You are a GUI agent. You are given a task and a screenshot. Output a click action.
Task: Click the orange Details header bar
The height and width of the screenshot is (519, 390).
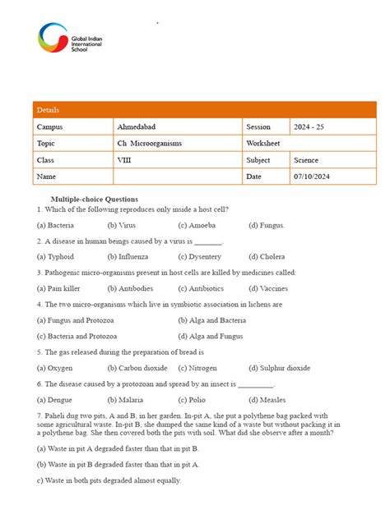204,110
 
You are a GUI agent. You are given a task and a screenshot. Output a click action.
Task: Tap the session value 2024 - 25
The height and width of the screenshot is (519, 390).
309,127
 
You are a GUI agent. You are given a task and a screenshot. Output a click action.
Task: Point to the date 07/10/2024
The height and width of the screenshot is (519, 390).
313,177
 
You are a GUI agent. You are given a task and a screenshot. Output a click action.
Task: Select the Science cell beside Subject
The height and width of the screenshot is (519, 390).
306,160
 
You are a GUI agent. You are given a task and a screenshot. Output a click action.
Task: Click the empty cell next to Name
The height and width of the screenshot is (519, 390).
177,177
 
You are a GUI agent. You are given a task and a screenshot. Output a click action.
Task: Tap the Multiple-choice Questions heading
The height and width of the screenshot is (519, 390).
95,200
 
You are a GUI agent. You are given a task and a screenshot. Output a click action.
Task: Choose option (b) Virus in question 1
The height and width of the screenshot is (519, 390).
122,225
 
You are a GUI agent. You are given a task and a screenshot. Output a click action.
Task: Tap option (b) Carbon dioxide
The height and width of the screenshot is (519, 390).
137,369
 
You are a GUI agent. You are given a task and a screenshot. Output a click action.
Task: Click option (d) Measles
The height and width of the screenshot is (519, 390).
268,401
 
